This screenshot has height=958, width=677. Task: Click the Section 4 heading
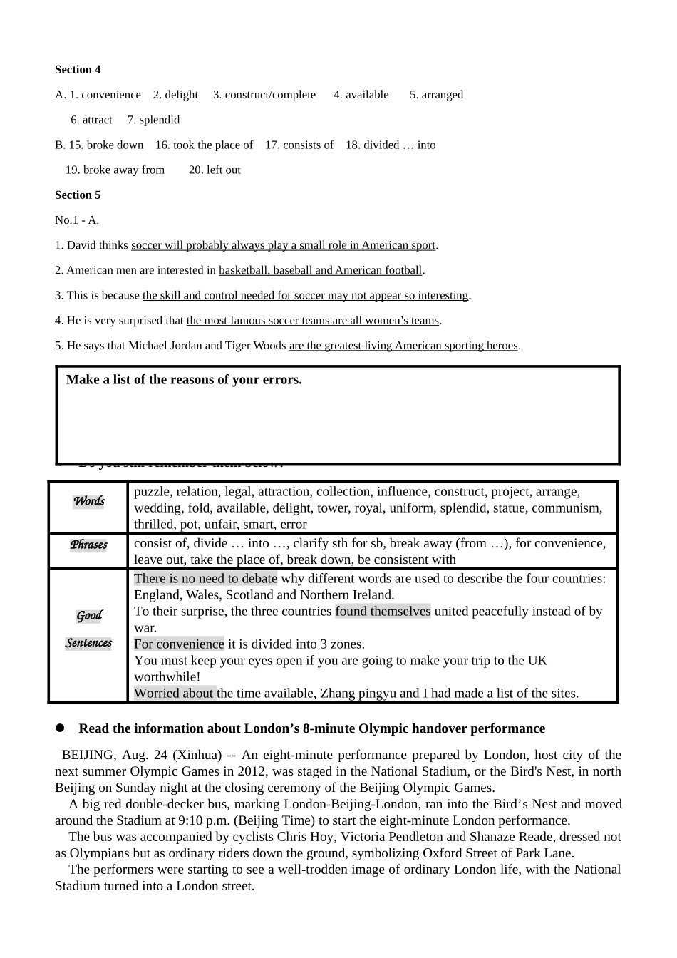tap(78, 69)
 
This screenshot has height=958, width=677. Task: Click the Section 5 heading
tap(78, 195)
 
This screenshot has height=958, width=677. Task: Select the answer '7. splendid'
tap(153, 120)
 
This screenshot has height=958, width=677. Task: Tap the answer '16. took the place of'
tap(204, 145)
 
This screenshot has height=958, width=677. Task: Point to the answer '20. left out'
tap(215, 170)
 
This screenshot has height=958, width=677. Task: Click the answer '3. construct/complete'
tap(264, 95)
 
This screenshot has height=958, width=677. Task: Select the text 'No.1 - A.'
tap(77, 220)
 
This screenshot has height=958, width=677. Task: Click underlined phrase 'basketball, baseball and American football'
tap(321, 270)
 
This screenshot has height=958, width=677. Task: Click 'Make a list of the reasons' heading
tap(184, 380)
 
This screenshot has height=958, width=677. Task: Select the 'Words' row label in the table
tap(88, 501)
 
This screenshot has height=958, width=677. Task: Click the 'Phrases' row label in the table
tap(88, 545)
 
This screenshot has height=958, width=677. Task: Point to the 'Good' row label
tap(89, 616)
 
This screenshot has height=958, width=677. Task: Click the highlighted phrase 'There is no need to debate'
tap(205, 579)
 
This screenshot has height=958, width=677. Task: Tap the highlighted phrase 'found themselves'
tap(383, 612)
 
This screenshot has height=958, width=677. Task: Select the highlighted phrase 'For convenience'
tap(179, 644)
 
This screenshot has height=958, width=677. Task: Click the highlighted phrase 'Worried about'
tap(175, 694)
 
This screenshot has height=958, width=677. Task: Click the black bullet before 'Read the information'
tap(61, 728)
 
